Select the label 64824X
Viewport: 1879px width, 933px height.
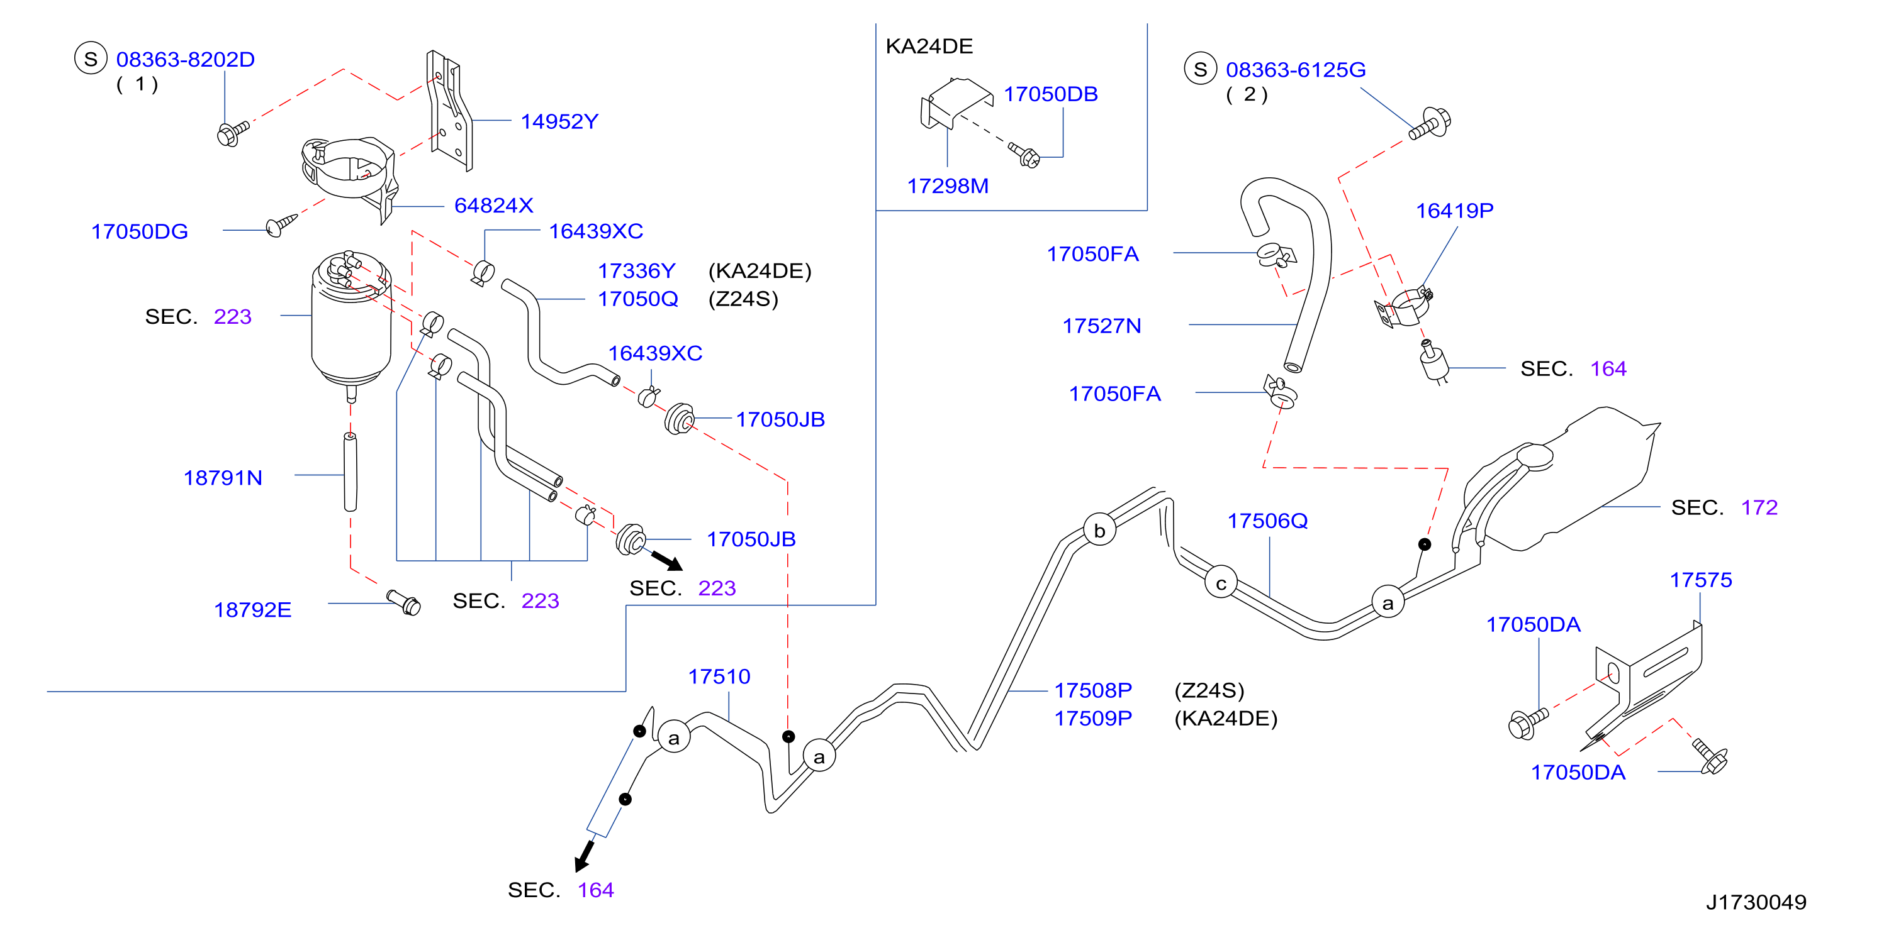pos(494,206)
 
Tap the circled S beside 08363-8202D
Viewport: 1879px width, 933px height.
pos(91,59)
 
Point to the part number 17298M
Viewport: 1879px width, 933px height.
pos(948,186)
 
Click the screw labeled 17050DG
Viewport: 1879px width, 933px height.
pos(281,224)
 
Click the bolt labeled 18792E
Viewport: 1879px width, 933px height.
pos(403,602)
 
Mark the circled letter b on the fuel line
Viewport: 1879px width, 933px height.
pos(1099,530)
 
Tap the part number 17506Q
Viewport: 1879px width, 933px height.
pos(1268,521)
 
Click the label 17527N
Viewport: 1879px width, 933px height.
pos(1101,325)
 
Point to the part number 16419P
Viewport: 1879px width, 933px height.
pos(1454,211)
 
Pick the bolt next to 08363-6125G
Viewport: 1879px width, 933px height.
pos(1430,124)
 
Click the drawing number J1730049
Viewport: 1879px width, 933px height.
pos(1756,902)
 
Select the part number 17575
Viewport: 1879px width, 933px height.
pos(1701,580)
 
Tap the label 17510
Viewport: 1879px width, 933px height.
pos(719,676)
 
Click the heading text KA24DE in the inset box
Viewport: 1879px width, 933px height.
pos(929,46)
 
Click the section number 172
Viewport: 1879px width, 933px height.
pos(1759,507)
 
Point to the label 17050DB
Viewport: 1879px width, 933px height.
pos(1050,94)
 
